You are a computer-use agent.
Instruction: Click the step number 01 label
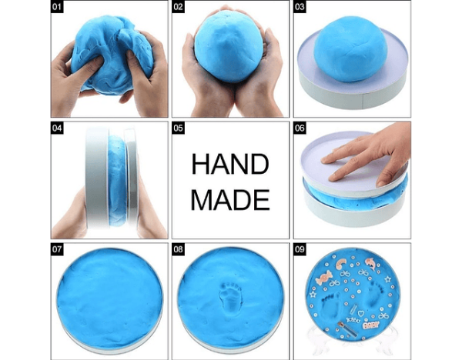coord(57,6)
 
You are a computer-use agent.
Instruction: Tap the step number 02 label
coord(179,6)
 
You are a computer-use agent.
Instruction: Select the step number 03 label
coord(300,6)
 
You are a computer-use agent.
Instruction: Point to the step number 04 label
coord(57,128)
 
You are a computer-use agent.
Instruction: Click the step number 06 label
coord(300,128)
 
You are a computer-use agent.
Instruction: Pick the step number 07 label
coord(57,249)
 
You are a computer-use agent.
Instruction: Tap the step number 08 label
coord(179,249)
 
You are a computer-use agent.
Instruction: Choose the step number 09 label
coord(300,249)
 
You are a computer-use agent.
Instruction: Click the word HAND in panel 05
coord(230,165)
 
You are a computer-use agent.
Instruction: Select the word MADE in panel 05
coord(230,200)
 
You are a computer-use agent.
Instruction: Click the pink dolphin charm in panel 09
coord(371,263)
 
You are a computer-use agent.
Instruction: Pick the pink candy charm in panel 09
coord(323,278)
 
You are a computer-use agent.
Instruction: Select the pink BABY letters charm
coord(371,325)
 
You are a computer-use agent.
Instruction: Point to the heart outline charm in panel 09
coord(360,312)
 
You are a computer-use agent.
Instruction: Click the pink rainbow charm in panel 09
coord(343,263)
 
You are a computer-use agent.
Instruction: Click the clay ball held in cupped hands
coord(229,47)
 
